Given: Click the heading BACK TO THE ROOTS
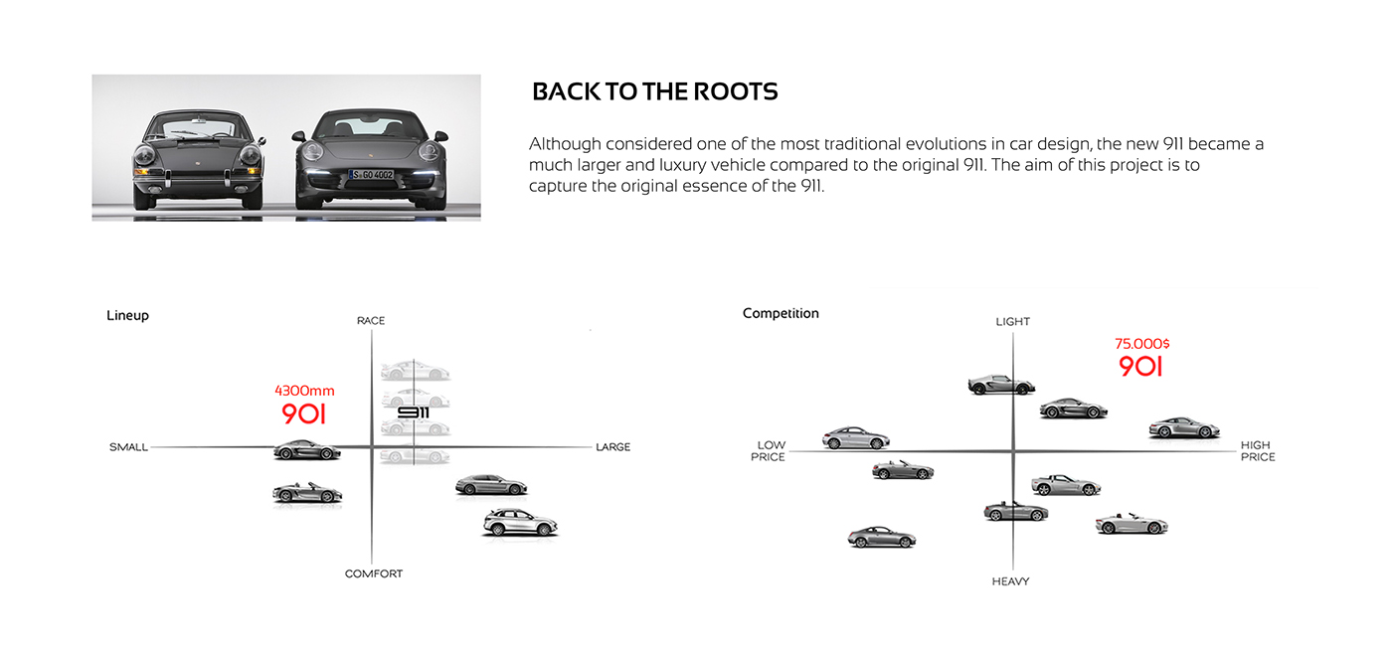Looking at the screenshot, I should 654,92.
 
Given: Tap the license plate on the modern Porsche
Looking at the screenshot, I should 371,175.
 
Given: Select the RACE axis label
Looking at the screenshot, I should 371,320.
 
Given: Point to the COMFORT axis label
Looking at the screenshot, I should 374,573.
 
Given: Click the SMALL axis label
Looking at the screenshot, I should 128,447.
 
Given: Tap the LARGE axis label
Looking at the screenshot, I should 612,447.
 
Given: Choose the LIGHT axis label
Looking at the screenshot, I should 1012,321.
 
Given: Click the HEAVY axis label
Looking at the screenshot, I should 1010,581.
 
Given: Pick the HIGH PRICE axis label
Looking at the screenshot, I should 1257,451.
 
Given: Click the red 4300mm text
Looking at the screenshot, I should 304,391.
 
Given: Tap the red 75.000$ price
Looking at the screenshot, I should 1141,344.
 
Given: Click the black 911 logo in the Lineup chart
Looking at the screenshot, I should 413,411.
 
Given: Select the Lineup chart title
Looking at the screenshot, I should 127,315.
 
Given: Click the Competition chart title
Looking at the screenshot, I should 781,313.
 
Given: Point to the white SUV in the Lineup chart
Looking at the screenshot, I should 520,522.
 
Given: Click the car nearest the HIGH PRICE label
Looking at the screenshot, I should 1183,428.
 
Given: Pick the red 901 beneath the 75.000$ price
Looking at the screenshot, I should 1140,367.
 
